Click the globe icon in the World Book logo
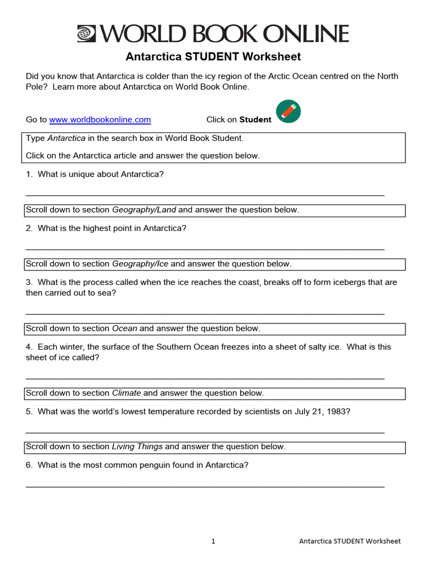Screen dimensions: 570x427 [87, 34]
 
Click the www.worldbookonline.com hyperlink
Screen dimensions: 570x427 [100, 120]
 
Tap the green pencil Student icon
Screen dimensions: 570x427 [288, 112]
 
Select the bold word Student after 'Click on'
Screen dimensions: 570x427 [255, 120]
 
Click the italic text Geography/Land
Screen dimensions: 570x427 [144, 210]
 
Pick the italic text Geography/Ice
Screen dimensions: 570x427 [140, 264]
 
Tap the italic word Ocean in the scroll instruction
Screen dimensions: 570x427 [125, 328]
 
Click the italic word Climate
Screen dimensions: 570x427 [127, 393]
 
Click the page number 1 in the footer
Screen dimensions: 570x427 [213, 541]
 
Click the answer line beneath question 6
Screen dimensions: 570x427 [205, 486]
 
